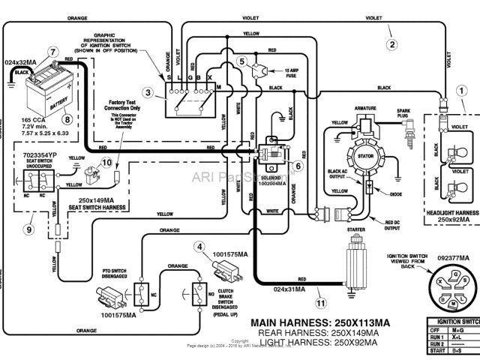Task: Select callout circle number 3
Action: coord(148,92)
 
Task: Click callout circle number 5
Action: coord(242,60)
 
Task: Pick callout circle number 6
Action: coord(298,166)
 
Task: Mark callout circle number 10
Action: coord(106,162)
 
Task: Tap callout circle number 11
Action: coord(321,304)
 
